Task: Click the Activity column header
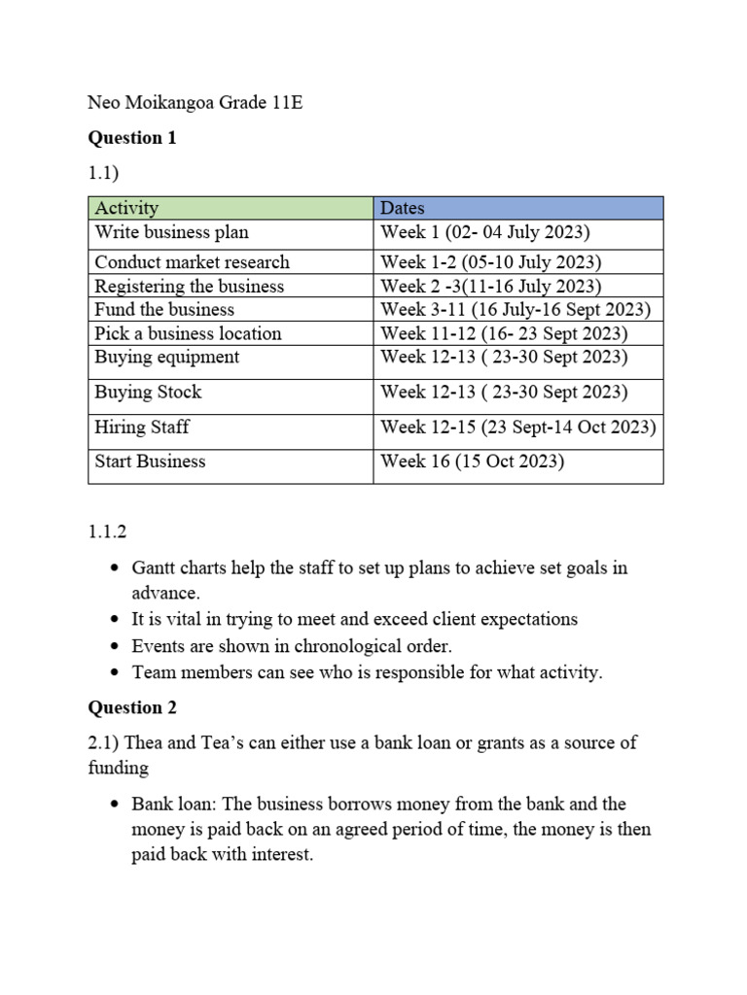126,208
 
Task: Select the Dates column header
403,208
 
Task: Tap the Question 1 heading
132,138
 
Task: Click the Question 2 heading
132,707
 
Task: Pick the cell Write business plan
171,232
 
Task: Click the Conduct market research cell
192,262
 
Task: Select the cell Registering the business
189,286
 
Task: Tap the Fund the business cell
164,310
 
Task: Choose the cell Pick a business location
188,333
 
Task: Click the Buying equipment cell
166,357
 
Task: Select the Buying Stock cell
148,393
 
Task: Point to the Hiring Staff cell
142,428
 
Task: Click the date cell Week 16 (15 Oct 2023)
472,462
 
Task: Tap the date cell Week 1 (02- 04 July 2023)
485,232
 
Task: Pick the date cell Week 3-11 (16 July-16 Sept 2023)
516,310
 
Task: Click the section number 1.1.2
107,532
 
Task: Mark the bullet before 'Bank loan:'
116,805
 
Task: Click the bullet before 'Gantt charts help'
116,568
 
